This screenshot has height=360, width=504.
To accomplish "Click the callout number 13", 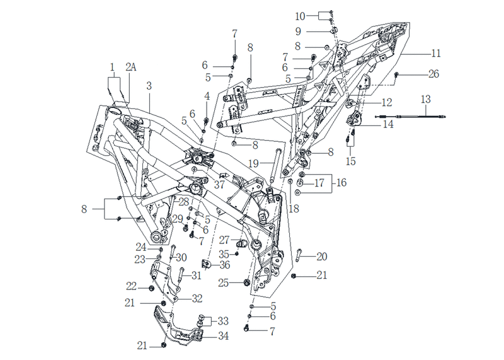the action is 426,99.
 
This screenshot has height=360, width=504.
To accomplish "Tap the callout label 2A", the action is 131,67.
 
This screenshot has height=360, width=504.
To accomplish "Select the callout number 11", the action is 435,53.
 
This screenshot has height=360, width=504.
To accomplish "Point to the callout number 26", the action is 433,74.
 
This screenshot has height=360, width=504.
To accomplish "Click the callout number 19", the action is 254,163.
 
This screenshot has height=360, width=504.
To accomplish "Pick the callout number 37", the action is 219,184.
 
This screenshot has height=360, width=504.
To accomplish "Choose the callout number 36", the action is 225,265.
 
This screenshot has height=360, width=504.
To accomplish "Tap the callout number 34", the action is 223,336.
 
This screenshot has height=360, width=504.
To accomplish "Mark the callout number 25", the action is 224,283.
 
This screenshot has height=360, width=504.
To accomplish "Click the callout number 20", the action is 322,257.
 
